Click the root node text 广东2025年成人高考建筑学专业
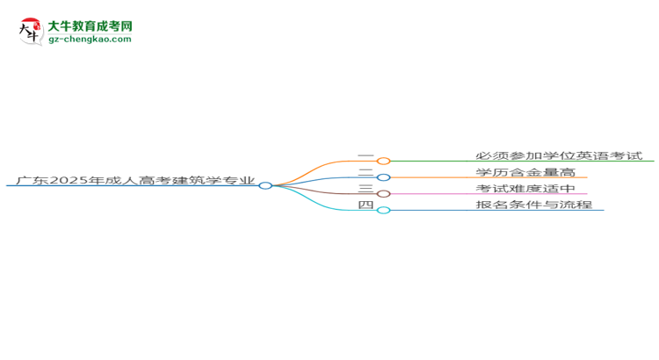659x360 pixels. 132,182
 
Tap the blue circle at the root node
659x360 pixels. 265,185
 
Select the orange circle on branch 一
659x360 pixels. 383,161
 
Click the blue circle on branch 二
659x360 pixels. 383,177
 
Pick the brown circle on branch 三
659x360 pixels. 383,193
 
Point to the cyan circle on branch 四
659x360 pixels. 383,210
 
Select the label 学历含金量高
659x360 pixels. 525,172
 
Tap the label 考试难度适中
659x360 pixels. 525,189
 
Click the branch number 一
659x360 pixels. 366,156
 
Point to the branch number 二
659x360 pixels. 366,173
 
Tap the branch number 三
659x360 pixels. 366,189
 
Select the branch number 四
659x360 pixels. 366,205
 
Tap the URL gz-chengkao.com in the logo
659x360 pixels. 91,40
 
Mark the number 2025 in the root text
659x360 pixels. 68,182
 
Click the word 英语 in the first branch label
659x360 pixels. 588,156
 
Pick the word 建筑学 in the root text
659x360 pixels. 198,182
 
